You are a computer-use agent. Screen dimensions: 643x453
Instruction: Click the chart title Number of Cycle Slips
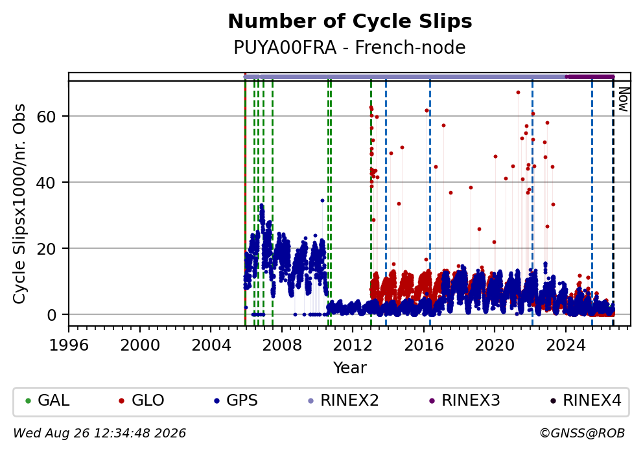350,21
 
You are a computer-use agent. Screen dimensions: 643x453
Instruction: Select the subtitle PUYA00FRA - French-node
350,47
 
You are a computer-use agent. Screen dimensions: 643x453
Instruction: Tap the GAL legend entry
47,400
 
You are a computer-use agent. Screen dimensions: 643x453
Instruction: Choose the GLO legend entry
141,400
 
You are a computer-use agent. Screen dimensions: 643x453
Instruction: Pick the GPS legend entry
236,400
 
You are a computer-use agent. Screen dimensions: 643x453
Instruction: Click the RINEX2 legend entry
344,400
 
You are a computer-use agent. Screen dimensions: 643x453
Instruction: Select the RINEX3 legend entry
464,400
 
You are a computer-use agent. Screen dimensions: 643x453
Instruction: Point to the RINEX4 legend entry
585,400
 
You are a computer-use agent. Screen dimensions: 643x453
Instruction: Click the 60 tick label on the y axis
46,117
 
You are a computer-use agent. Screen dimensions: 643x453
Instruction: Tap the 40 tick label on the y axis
46,183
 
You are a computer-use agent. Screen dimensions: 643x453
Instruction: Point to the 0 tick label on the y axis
52,315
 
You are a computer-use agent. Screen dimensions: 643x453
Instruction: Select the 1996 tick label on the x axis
69,345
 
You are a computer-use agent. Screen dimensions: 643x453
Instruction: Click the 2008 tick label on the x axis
282,345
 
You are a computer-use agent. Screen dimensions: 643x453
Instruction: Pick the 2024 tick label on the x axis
565,345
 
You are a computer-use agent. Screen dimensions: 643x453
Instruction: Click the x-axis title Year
350,367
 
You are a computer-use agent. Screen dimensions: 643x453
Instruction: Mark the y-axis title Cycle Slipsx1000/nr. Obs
19,204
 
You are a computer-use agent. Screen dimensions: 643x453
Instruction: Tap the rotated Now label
623,100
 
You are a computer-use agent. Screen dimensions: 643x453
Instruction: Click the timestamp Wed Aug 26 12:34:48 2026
100,434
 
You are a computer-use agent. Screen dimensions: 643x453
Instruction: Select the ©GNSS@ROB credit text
582,434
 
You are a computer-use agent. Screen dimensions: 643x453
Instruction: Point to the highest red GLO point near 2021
518,93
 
